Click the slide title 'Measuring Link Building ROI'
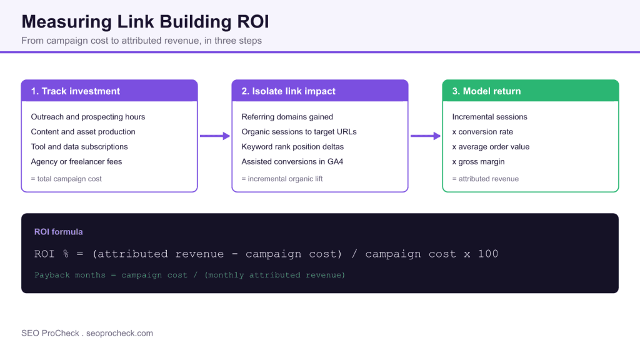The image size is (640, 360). click(145, 22)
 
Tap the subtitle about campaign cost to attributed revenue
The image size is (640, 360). click(142, 41)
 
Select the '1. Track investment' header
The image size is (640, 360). click(76, 91)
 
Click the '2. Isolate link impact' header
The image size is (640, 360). click(288, 91)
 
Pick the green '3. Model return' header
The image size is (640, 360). click(486, 91)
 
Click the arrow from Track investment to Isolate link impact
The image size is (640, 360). click(215, 136)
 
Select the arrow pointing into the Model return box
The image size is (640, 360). click(426, 136)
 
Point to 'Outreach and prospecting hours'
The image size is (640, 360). click(87, 117)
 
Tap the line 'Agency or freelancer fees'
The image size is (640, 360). click(76, 162)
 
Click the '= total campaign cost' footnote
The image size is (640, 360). click(66, 179)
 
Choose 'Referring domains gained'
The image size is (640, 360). click(287, 117)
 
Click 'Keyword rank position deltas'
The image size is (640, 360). click(292, 146)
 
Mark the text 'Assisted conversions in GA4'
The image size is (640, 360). click(292, 162)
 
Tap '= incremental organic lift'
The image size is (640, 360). click(282, 179)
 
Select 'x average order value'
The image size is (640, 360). click(491, 146)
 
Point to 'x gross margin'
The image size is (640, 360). click(478, 162)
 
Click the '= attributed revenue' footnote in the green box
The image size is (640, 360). click(485, 179)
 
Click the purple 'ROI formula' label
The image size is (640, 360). click(58, 232)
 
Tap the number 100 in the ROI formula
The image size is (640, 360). click(488, 254)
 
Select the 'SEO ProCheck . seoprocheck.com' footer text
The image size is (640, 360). click(87, 333)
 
